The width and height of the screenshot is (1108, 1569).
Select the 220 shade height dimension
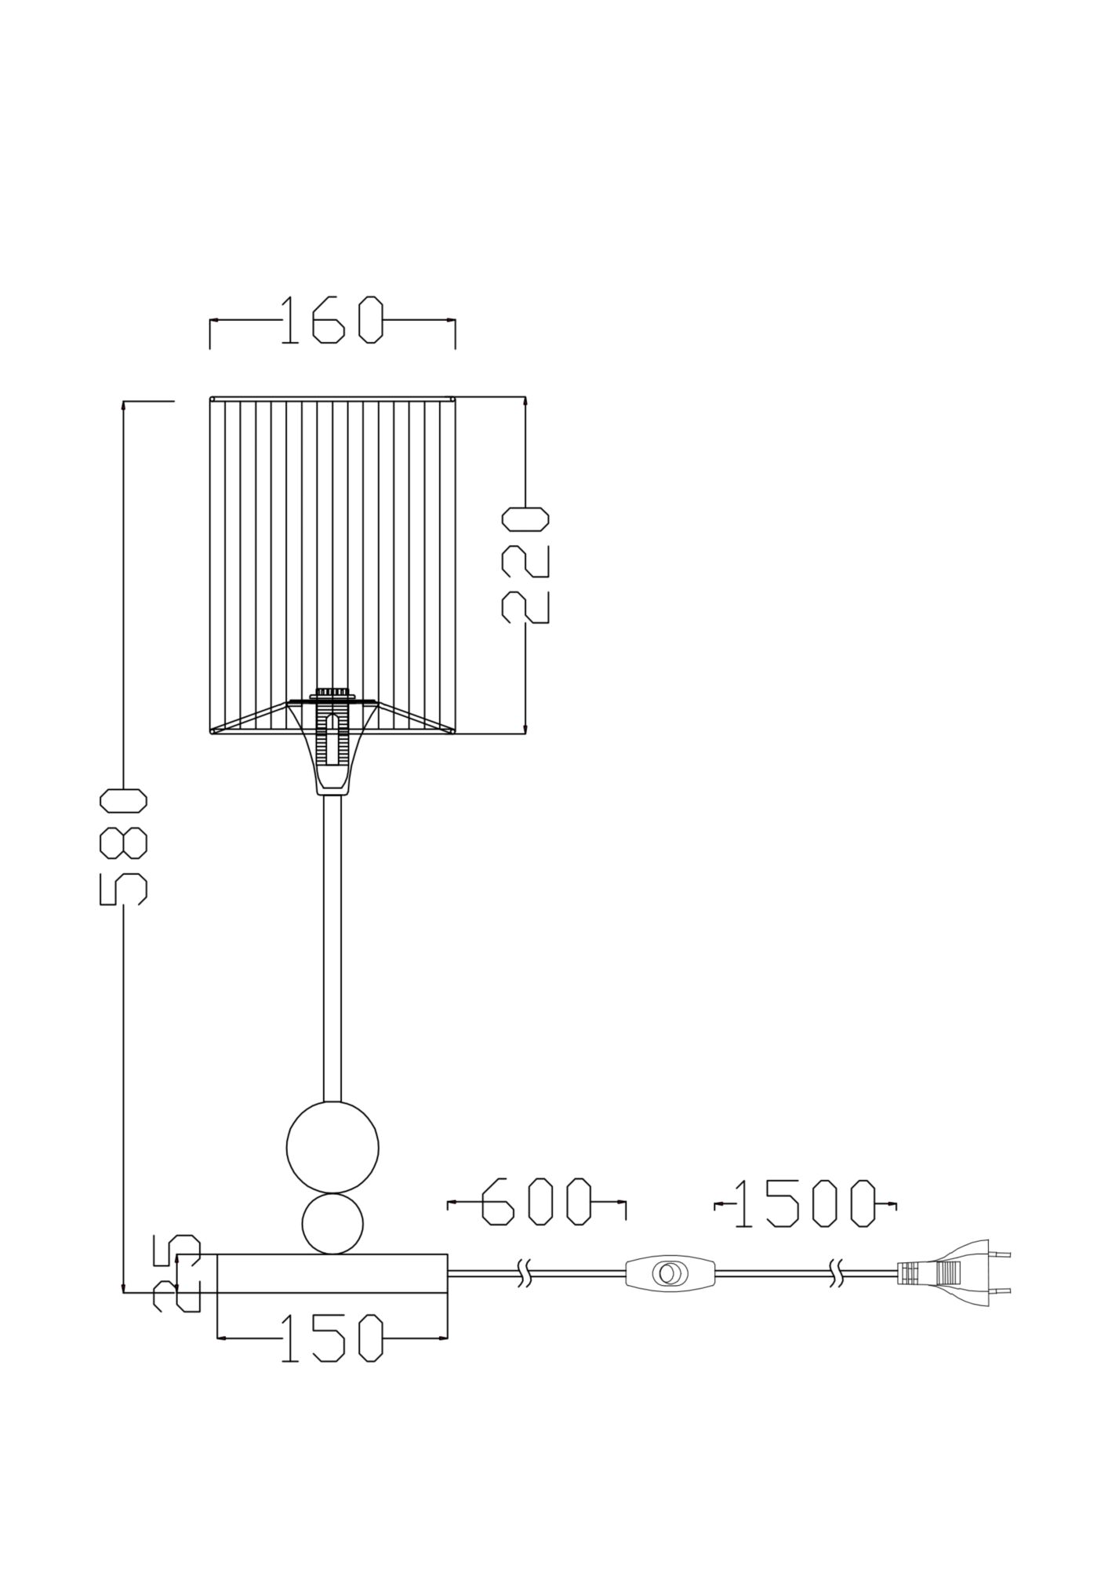[525, 566]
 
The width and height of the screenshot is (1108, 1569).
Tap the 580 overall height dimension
[124, 846]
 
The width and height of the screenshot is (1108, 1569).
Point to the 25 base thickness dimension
[176, 1283]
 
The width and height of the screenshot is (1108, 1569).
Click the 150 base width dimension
[331, 1338]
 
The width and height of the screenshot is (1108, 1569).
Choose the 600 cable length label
[536, 1224]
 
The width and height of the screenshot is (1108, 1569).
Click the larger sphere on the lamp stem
[332, 1148]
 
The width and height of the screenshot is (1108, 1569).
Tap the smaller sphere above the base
[332, 1224]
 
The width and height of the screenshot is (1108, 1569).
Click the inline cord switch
[670, 1272]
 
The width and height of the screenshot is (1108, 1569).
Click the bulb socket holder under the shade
[332, 745]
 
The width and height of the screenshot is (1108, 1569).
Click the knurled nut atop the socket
[332, 693]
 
